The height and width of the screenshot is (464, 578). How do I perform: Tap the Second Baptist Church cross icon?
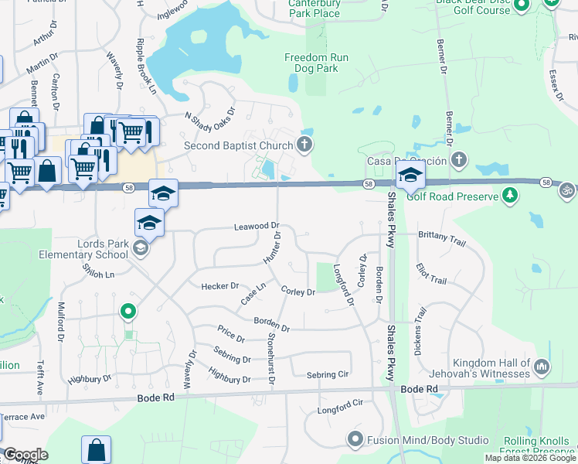click(x=305, y=144)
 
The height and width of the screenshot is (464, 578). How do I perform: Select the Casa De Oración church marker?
click(x=459, y=160)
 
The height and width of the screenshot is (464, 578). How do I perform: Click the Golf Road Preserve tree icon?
click(x=509, y=196)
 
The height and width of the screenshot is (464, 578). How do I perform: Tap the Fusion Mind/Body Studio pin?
click(x=355, y=440)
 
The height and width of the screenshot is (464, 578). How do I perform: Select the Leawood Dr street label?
click(x=257, y=227)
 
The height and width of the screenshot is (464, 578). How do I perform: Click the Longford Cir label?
click(x=340, y=407)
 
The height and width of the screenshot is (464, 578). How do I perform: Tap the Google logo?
click(x=25, y=455)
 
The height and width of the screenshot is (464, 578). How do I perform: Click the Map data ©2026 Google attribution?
click(x=531, y=458)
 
